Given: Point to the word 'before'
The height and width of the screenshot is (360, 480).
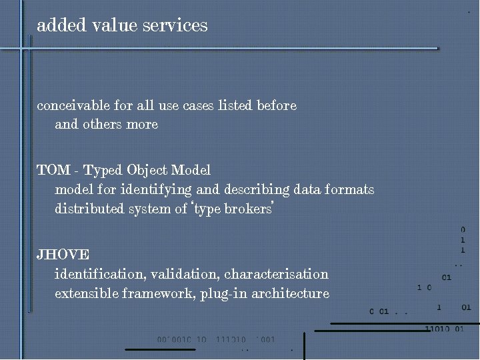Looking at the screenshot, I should [276, 105].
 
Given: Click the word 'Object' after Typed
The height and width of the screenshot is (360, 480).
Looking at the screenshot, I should [147, 170].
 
